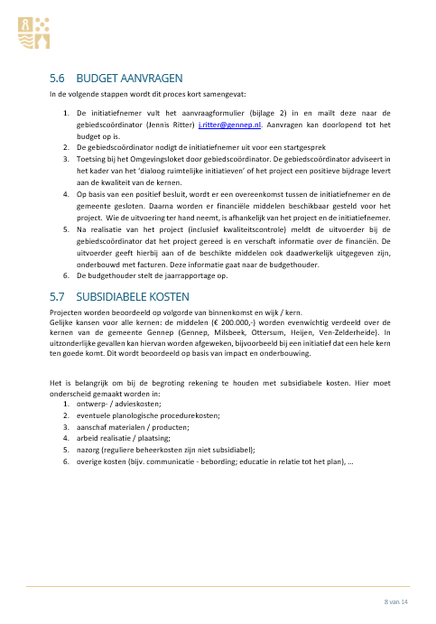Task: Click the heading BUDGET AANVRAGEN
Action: coord(132,78)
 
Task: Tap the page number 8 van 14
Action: coord(396,601)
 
